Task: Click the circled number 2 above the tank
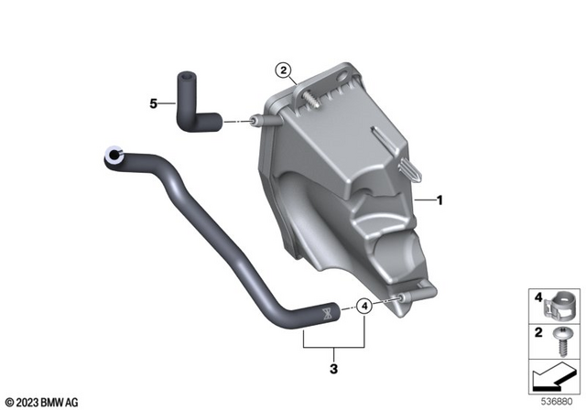[285, 70]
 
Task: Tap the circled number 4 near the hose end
[364, 307]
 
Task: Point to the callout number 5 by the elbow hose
[155, 103]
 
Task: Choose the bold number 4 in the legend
[537, 296]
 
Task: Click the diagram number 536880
[559, 400]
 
